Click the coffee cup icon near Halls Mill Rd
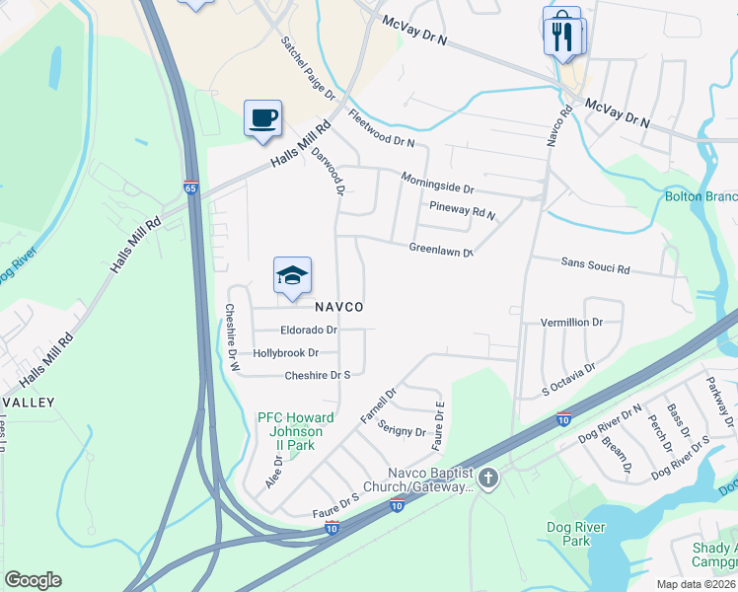(x=262, y=118)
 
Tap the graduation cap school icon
(x=291, y=276)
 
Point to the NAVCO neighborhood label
(x=338, y=308)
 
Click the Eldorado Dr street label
(x=309, y=331)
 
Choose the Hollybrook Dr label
(x=285, y=352)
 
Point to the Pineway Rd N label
(x=463, y=208)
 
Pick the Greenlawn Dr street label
(x=442, y=251)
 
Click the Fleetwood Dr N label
(x=382, y=129)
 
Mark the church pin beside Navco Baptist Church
(x=489, y=480)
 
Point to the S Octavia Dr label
(x=569, y=381)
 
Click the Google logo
(x=33, y=580)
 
